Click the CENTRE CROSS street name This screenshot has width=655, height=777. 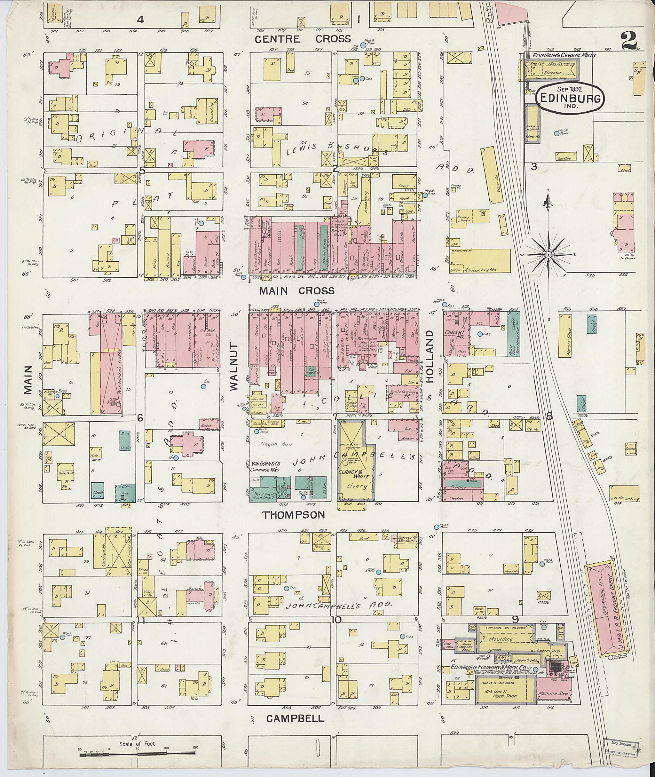click(x=303, y=39)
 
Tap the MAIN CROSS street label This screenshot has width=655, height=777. click(x=297, y=290)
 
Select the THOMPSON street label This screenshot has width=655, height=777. click(x=294, y=514)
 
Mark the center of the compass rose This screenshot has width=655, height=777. click(x=548, y=255)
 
